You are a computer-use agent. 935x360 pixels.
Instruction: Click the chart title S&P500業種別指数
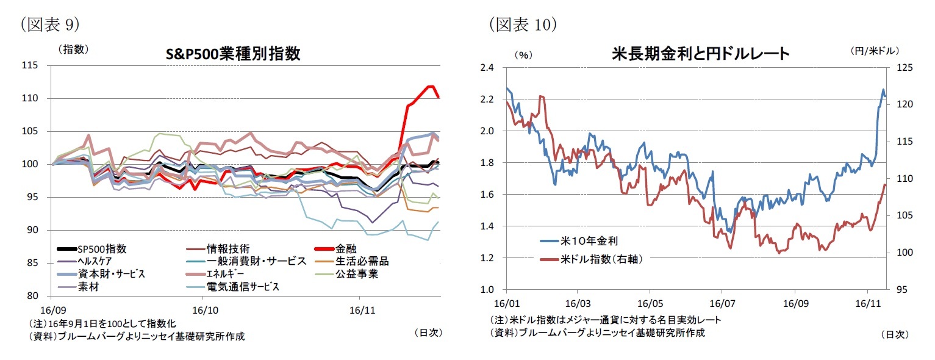pyautogui.click(x=233, y=54)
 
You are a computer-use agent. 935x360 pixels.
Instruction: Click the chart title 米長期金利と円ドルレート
pyautogui.click(x=701, y=54)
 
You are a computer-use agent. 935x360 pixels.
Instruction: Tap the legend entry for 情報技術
pyautogui.click(x=227, y=249)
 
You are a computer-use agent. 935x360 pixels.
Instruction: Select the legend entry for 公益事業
pyautogui.click(x=356, y=273)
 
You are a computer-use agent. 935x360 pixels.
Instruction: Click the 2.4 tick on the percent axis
pyautogui.click(x=486, y=68)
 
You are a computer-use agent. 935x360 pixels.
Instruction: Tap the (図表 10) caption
pyautogui.click(x=522, y=24)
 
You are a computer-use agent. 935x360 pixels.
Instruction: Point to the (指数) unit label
pyautogui.click(x=73, y=49)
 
